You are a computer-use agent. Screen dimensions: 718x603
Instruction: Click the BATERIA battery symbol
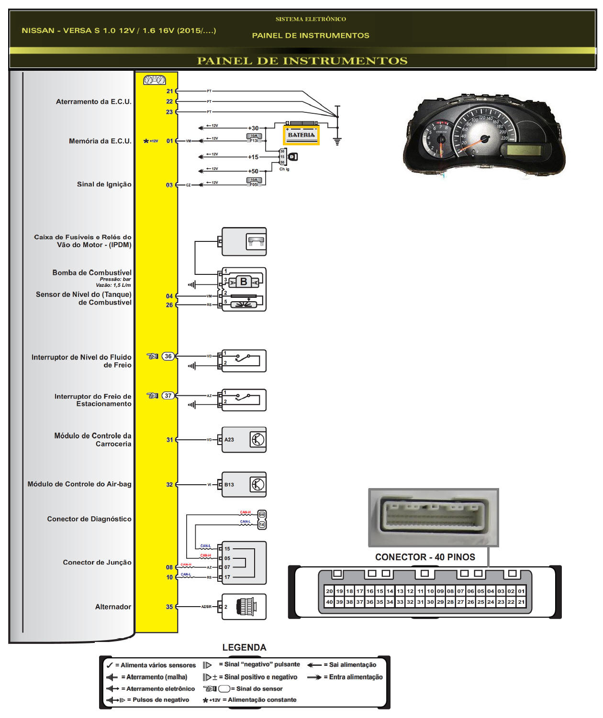tap(301, 135)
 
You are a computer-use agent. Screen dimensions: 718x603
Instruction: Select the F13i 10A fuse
tap(254, 139)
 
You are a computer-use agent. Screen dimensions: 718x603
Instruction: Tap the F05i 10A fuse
tap(254, 182)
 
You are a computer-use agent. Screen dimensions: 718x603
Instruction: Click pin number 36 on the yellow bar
tap(168, 356)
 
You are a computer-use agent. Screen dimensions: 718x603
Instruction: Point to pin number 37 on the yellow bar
tap(168, 395)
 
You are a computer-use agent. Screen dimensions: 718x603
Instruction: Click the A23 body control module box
tap(244, 440)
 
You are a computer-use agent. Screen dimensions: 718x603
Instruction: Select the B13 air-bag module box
tap(244, 485)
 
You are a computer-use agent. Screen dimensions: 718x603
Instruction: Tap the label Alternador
tap(113, 607)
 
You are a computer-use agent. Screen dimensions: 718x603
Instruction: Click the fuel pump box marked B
tap(244, 282)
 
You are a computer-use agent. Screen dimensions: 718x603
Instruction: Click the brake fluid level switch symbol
tap(244, 360)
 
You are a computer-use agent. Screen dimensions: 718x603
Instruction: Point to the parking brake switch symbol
tap(244, 400)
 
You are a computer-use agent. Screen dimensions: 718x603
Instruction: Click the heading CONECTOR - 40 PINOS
tap(425, 557)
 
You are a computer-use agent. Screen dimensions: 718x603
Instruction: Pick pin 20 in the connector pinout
tap(329, 591)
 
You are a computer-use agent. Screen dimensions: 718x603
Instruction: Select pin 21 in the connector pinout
tap(521, 602)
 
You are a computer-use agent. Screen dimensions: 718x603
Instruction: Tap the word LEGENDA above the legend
tap(244, 647)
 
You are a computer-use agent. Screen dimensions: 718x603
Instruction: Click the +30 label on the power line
tap(253, 128)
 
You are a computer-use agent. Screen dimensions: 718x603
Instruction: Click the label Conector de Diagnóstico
tap(89, 519)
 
